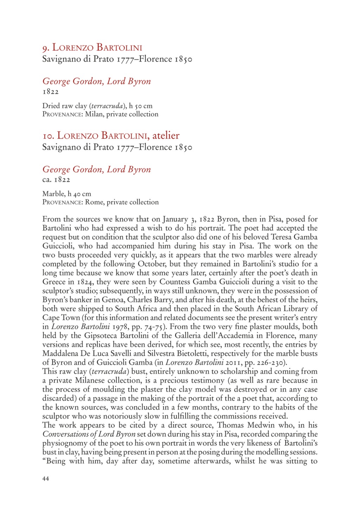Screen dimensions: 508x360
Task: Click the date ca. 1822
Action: (56, 180)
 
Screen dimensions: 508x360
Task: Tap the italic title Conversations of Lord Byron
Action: (89, 434)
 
